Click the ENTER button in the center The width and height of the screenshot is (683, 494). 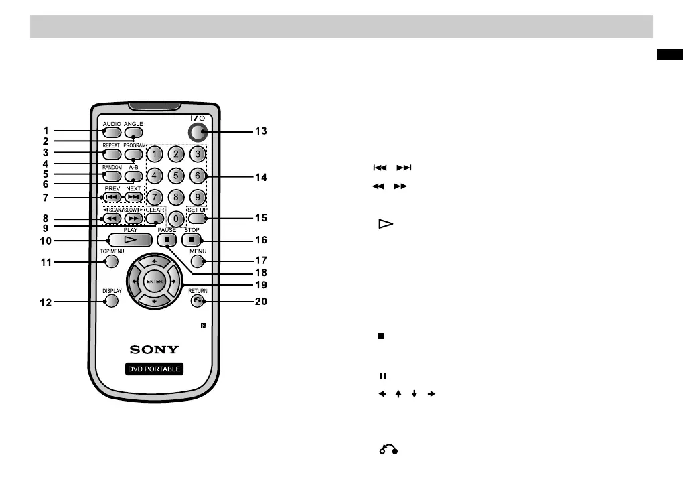155,282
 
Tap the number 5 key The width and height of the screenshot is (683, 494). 175,176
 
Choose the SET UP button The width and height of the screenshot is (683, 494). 197,219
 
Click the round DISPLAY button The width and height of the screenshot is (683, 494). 111,301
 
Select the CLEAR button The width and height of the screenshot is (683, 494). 155,219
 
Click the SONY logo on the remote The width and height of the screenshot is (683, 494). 154,349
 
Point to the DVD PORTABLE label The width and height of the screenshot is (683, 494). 154,369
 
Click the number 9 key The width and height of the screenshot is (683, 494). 196,198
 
